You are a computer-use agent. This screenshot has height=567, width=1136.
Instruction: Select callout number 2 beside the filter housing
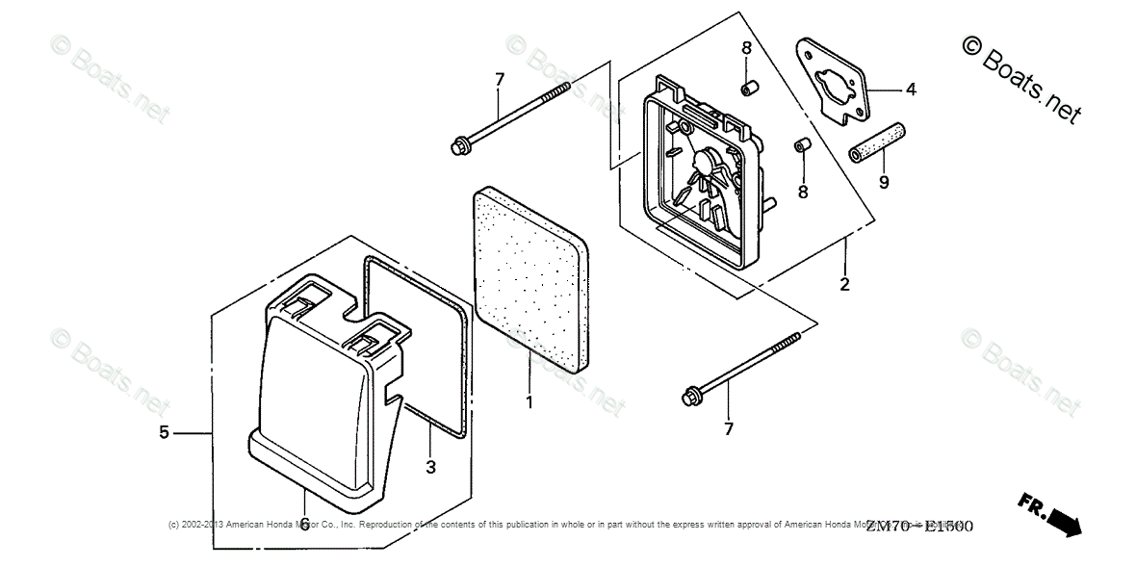click(x=844, y=284)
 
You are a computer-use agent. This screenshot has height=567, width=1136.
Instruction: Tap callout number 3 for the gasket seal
click(x=430, y=467)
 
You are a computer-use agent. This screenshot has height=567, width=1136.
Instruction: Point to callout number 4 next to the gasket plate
click(x=910, y=90)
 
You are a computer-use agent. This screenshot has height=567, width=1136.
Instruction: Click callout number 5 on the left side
click(x=165, y=433)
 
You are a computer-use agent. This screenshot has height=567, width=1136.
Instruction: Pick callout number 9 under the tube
click(x=884, y=180)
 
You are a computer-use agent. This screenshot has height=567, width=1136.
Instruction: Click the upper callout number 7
click(x=499, y=79)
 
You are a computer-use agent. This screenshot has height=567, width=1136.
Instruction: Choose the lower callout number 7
click(x=728, y=427)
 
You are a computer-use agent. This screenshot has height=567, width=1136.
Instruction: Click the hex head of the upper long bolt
click(x=457, y=146)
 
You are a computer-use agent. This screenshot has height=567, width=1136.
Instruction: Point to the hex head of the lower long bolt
click(x=690, y=395)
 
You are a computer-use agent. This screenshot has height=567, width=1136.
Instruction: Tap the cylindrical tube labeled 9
click(x=877, y=140)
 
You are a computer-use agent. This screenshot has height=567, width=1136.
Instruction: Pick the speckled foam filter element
click(x=529, y=279)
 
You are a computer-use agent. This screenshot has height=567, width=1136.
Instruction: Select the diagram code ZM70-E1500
click(x=918, y=527)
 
